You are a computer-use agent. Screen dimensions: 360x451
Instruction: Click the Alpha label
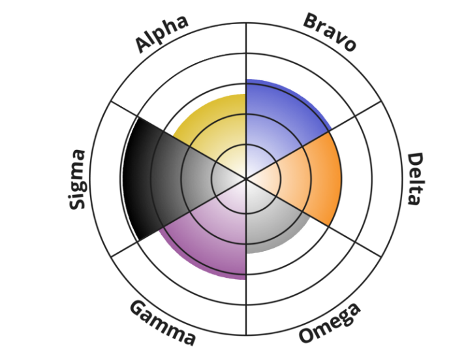[162, 33]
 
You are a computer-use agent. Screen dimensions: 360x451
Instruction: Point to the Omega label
[330, 323]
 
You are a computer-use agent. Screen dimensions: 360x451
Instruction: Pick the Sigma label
[78, 179]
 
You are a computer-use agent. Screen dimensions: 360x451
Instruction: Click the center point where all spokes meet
[246, 177]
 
